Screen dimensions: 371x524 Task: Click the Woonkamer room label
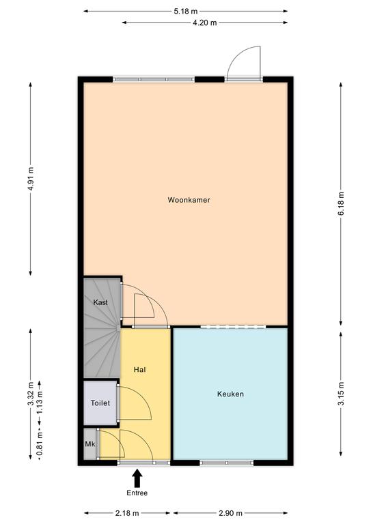coord(189,200)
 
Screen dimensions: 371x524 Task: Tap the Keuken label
coord(230,394)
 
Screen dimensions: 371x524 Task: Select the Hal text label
coord(139,370)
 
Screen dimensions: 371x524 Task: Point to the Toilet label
coord(100,403)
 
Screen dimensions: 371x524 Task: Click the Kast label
coord(100,302)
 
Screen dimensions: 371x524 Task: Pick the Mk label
coord(90,444)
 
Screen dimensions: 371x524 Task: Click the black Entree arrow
coord(137,478)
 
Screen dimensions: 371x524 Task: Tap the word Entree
coord(137,493)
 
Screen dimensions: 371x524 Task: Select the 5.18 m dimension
coord(185,12)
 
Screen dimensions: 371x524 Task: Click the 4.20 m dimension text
coord(204,23)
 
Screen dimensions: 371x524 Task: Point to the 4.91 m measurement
coord(31,179)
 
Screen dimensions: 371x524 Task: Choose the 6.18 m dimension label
coord(341,203)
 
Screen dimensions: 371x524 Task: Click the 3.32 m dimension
coord(31,394)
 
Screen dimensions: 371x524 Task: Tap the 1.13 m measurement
coord(40,403)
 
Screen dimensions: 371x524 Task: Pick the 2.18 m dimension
coord(127,513)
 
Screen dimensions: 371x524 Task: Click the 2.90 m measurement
coord(230,513)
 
